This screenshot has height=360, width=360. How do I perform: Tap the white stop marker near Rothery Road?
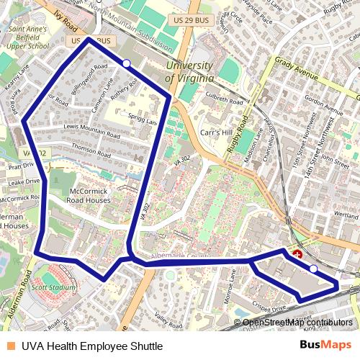point(127,63)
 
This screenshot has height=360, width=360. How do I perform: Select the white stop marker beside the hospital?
point(313,269)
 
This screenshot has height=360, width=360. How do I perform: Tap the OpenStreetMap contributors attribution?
point(297,322)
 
